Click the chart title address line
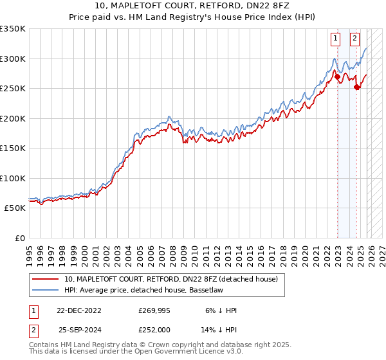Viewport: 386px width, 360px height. pos(193,6)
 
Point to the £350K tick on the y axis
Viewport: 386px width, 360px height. pos(12,29)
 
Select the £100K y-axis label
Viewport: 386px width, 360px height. pos(12,179)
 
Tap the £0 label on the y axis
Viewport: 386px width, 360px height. pos(18,239)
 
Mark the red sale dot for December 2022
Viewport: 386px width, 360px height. pos(337,77)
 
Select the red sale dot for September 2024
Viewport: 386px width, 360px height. pos(356,87)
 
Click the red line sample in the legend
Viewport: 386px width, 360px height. pos(46,279)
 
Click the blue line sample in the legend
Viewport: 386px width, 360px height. pos(46,290)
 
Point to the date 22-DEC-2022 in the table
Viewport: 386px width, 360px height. pos(78,310)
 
